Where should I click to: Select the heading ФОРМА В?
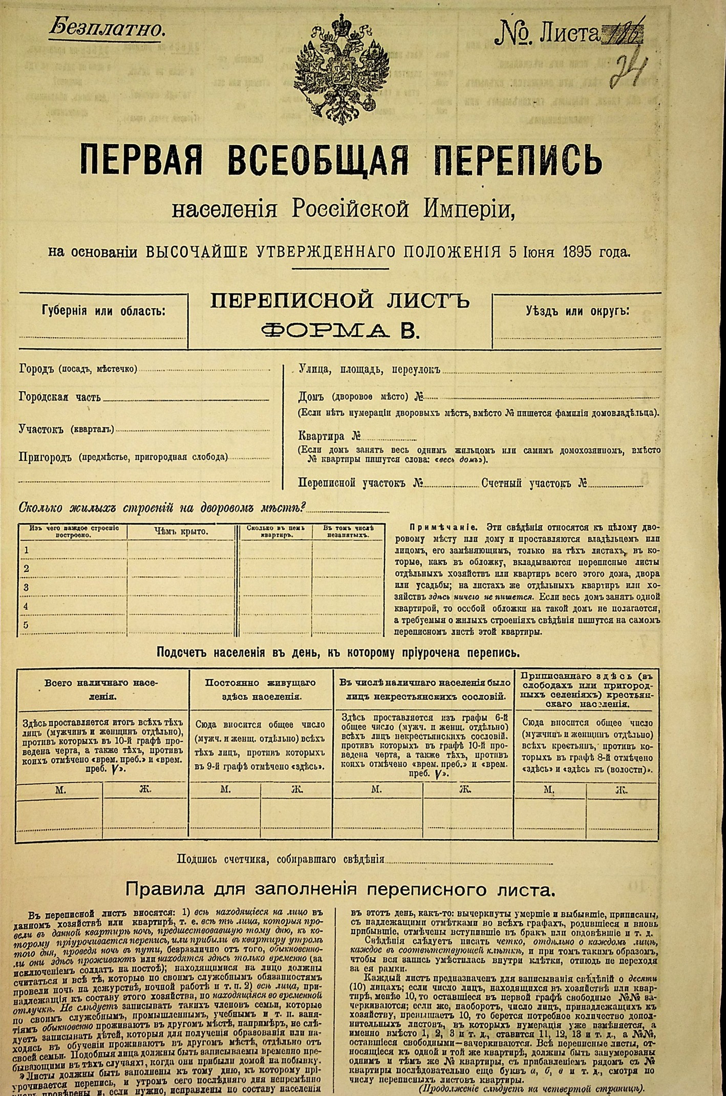point(340,331)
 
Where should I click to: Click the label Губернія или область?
point(103,311)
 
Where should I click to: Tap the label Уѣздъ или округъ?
point(577,311)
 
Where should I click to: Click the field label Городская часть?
point(59,397)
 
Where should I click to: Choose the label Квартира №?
point(329,436)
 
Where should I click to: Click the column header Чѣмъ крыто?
point(181,531)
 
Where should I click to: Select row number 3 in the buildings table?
point(27,587)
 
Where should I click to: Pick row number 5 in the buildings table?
point(27,625)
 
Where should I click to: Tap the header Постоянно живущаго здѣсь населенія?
point(261,689)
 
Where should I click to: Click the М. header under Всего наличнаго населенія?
point(60,790)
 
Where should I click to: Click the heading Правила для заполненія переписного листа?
point(340,890)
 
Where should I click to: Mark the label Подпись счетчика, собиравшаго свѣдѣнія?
point(280,859)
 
